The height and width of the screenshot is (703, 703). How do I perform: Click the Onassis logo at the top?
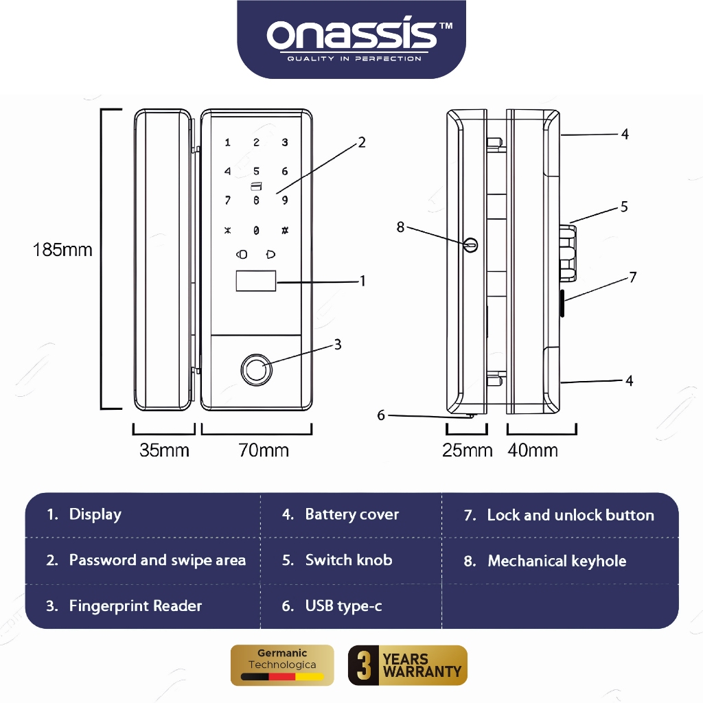[351, 38]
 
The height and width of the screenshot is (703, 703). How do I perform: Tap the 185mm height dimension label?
[62, 249]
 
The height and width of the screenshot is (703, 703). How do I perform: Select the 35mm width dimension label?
[164, 450]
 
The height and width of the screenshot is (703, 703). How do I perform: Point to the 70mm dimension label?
[264, 450]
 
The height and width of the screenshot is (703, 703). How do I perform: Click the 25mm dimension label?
[468, 450]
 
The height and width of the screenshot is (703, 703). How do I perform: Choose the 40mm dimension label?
[533, 450]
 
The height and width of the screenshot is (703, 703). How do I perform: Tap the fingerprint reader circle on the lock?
[255, 369]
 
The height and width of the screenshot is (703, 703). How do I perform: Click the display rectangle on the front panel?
[256, 281]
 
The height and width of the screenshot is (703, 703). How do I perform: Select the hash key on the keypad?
[284, 231]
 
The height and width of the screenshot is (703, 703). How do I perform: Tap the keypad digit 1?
[228, 143]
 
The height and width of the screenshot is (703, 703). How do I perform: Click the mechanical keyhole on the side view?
[471, 244]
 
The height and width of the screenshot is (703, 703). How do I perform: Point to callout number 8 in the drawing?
[401, 227]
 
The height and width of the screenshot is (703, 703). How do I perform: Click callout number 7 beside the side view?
[633, 277]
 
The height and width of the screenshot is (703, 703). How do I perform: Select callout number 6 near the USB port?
[382, 415]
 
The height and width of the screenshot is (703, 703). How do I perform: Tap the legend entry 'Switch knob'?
[349, 560]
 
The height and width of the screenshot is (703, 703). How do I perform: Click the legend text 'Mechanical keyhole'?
[557, 562]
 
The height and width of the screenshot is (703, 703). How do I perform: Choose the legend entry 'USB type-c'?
[343, 606]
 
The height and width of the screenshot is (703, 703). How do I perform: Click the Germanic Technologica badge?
[282, 665]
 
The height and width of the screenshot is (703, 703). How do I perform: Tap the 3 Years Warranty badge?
[408, 665]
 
